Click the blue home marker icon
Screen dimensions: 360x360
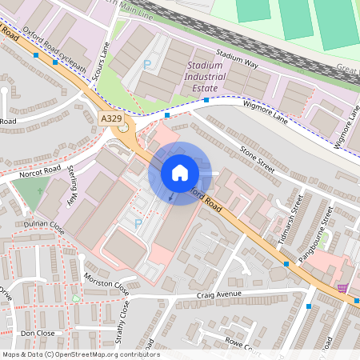(x=180, y=172)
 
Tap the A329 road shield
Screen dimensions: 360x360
(x=113, y=118)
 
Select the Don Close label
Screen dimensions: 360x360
(x=37, y=332)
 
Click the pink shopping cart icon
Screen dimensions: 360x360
(x=342, y=288)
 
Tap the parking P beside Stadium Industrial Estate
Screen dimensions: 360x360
(x=146, y=63)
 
